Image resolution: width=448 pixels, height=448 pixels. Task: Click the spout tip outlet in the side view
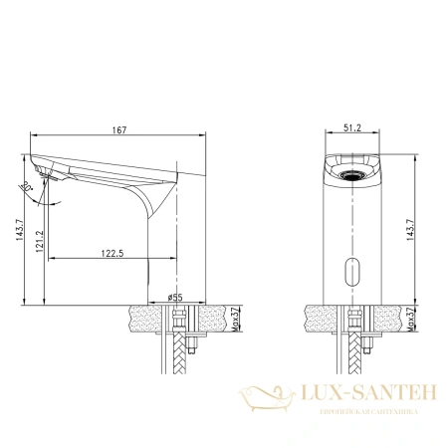coord(39,180)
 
